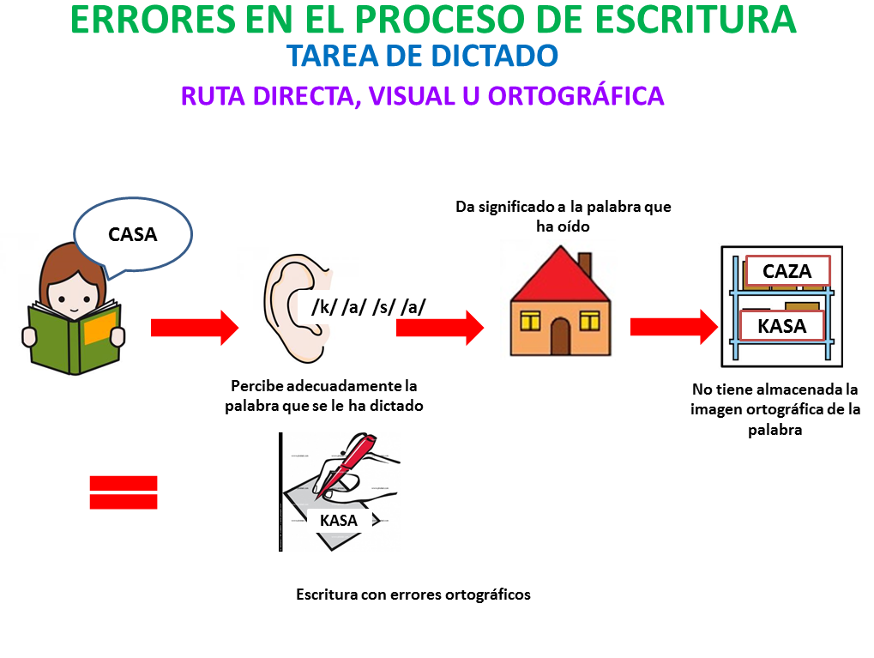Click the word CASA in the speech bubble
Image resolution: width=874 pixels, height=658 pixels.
click(x=133, y=235)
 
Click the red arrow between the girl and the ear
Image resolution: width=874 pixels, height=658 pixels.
click(x=195, y=328)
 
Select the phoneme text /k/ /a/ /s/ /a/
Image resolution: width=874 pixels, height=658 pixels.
click(x=369, y=307)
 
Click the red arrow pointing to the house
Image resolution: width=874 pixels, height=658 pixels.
click(x=440, y=328)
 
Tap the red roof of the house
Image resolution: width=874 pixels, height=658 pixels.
click(x=560, y=276)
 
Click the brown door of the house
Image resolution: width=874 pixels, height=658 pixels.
click(x=560, y=336)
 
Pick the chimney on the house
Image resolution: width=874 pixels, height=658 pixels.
click(x=585, y=264)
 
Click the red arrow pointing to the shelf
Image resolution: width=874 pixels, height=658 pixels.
click(x=674, y=328)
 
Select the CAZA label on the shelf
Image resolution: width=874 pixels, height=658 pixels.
click(x=787, y=271)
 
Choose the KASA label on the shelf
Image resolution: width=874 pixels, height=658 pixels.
click(x=782, y=326)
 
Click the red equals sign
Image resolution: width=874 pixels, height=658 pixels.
click(x=124, y=492)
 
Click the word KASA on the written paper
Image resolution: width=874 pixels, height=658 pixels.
click(x=338, y=520)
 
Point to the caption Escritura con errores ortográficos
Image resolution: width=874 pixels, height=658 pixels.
click(x=413, y=595)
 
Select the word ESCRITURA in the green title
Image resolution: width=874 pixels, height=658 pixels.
click(x=696, y=20)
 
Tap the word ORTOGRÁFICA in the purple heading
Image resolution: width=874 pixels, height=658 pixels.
click(x=576, y=96)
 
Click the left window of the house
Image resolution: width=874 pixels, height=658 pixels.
click(x=530, y=321)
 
